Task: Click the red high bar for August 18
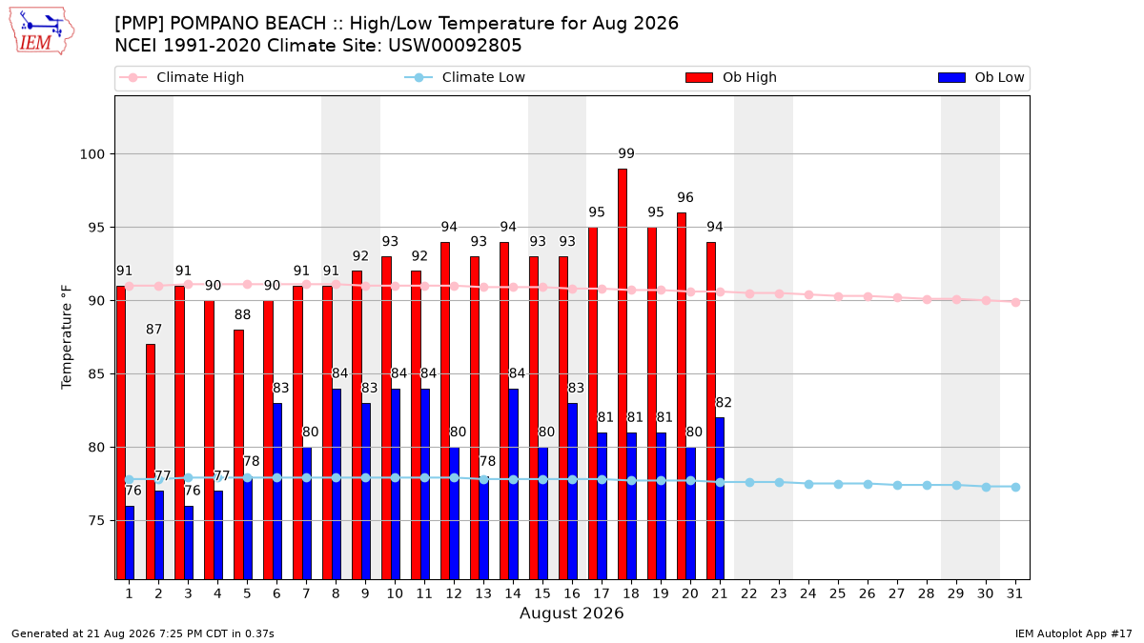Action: click(x=622, y=374)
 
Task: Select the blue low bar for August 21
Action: click(x=720, y=498)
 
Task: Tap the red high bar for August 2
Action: click(x=151, y=462)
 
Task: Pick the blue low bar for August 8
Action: click(x=336, y=484)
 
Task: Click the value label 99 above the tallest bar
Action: click(x=626, y=153)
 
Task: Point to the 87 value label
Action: click(x=153, y=330)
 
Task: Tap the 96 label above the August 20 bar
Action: click(x=685, y=197)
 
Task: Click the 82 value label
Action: click(x=724, y=403)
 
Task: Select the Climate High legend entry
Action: click(x=182, y=77)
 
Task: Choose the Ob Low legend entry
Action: click(x=981, y=77)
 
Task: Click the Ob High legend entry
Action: click(x=731, y=77)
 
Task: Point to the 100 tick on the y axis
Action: click(x=92, y=154)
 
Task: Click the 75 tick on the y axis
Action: click(x=96, y=521)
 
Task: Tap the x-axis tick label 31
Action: click(x=1014, y=594)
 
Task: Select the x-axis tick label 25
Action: click(x=838, y=594)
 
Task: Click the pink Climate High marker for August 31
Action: click(x=1015, y=302)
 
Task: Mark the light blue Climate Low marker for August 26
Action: click(x=868, y=484)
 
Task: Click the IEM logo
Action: click(x=42, y=31)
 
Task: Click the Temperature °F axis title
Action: click(x=67, y=337)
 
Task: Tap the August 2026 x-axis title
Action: click(x=571, y=613)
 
